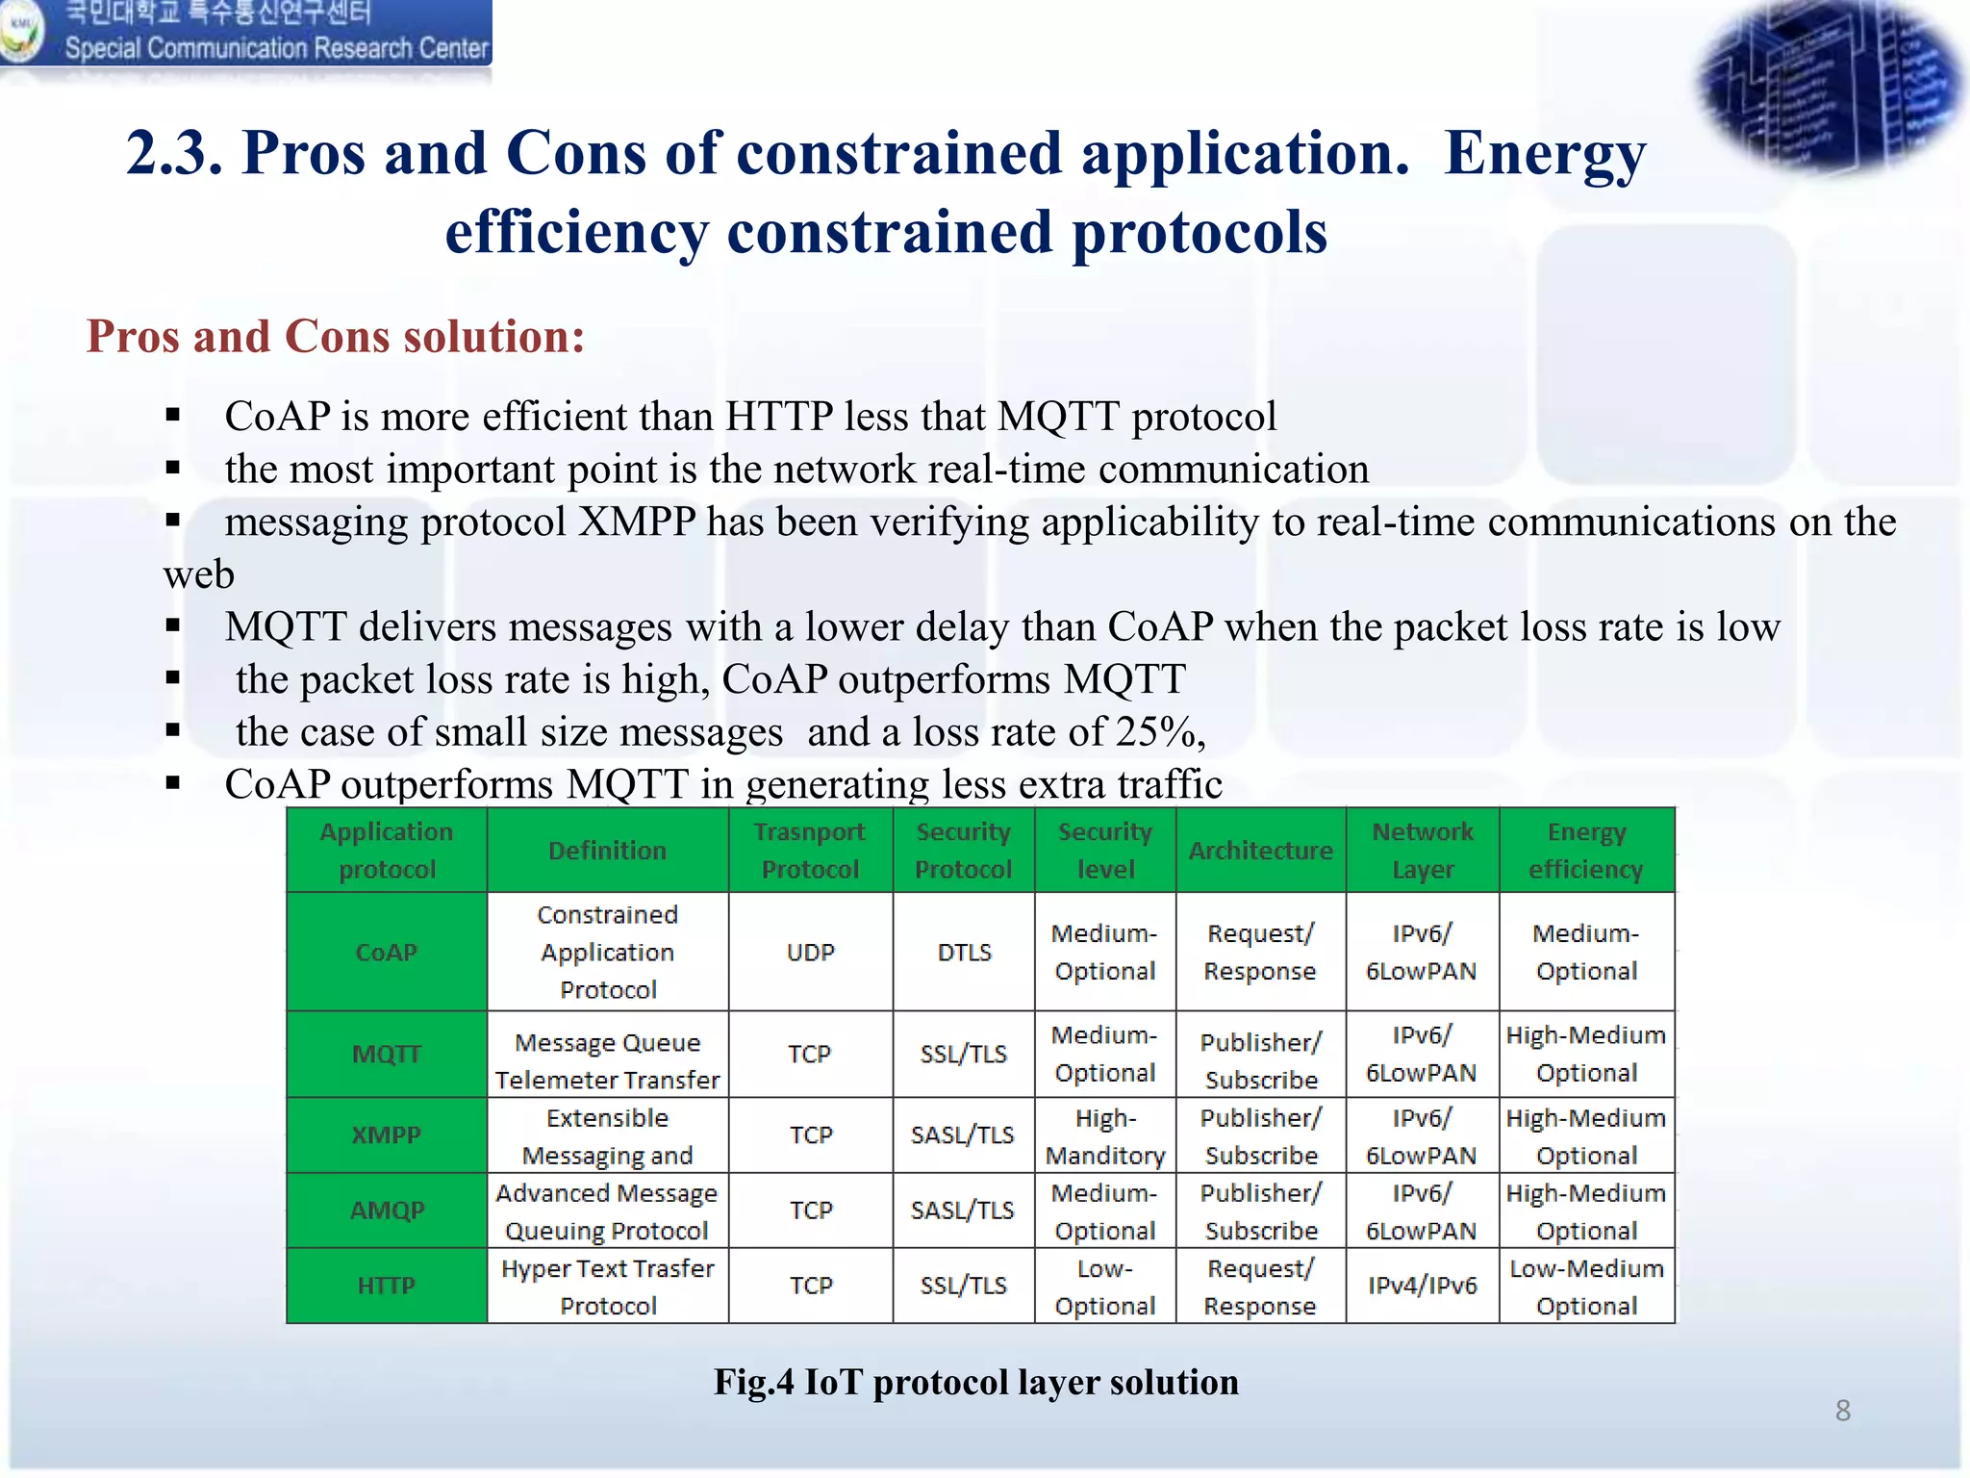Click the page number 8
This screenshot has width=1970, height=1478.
1842,1411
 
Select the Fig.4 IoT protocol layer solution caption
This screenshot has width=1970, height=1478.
975,1382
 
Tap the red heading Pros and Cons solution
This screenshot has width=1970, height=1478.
336,337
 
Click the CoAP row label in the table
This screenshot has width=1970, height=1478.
387,952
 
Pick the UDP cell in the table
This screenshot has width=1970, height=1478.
810,952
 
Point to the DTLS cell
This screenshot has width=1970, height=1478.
964,952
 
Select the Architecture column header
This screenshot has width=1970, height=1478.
1260,851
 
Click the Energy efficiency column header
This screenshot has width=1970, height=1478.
1586,851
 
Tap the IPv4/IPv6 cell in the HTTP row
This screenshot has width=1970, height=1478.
1422,1286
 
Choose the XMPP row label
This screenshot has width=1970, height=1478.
387,1134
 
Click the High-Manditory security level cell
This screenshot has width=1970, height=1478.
1105,1135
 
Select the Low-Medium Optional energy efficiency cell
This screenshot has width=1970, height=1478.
1586,1287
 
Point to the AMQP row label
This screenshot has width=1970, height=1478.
387,1210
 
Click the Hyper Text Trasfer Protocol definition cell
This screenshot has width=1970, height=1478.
608,1287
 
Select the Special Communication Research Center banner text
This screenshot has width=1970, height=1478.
277,48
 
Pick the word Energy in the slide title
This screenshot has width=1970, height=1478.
1545,154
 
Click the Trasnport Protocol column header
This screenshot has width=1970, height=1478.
810,851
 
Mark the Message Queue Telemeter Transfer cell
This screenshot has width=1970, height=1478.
608,1060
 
